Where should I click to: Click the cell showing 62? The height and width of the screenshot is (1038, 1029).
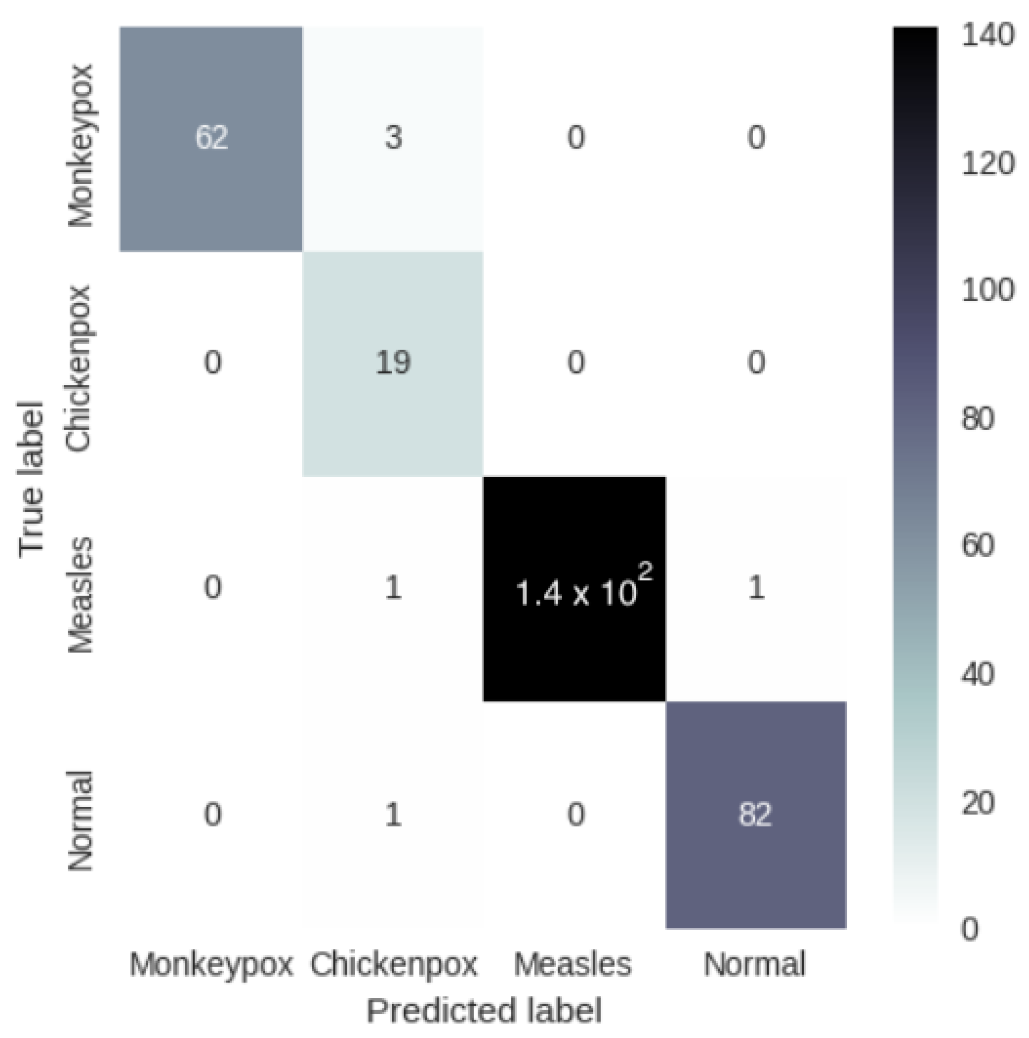click(211, 138)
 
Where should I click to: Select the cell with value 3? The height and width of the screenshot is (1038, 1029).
click(393, 138)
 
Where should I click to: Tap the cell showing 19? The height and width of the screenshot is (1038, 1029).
click(393, 362)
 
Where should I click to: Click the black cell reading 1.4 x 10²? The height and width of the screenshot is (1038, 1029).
click(575, 589)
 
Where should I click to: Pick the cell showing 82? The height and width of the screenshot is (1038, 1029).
click(755, 814)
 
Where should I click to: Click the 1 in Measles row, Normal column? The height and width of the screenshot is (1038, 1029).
click(756, 587)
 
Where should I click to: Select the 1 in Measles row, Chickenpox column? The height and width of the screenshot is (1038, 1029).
click(393, 587)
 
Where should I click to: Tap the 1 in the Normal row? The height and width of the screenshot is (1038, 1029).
click(393, 814)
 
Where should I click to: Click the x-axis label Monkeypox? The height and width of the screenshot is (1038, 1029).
click(211, 964)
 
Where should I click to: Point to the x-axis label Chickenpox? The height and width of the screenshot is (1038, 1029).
click(393, 964)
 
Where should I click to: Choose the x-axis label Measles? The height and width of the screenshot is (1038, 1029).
click(573, 964)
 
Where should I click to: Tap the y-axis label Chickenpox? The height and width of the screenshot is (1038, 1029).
click(79, 369)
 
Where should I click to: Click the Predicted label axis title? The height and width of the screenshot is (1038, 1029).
click(484, 1011)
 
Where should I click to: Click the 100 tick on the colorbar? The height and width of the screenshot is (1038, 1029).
click(987, 291)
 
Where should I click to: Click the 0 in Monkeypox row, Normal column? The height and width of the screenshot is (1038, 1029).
click(756, 138)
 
